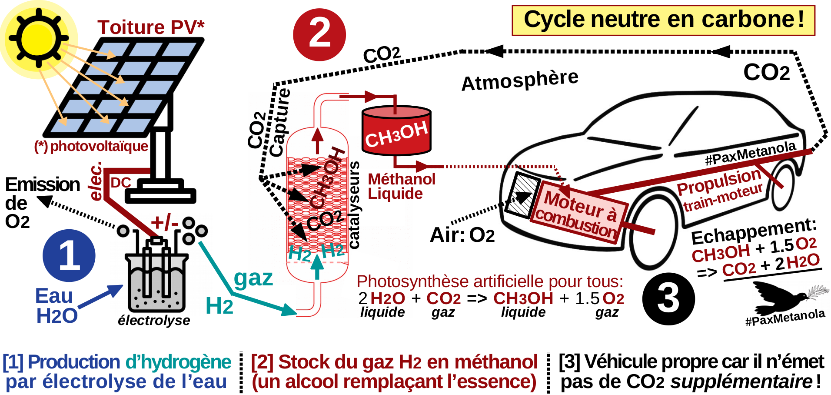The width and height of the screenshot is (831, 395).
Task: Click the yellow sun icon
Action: tap(38, 38)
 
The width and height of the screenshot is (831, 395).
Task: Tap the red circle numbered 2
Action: tap(319, 34)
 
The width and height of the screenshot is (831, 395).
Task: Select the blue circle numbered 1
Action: tap(69, 256)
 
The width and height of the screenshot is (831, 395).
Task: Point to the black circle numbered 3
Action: tap(668, 299)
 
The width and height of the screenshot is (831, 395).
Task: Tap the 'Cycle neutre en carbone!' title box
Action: tap(663, 20)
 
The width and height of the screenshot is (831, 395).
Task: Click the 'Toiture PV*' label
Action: tap(150, 27)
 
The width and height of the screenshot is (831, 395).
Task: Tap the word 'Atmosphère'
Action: tap(520, 80)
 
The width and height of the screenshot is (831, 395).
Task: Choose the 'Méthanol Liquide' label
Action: tap(401, 186)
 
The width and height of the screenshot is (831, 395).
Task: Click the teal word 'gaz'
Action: tap(253, 278)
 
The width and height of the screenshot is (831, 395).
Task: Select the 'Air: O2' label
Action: tap(462, 235)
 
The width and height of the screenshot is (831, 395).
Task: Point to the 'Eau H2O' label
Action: tap(56, 305)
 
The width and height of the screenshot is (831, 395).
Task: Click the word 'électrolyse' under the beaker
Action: tap(154, 321)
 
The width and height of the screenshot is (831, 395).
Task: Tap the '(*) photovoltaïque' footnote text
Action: tap(91, 146)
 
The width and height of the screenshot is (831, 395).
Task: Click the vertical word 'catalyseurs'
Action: tap(354, 204)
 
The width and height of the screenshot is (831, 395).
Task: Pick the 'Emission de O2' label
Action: tap(41, 203)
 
